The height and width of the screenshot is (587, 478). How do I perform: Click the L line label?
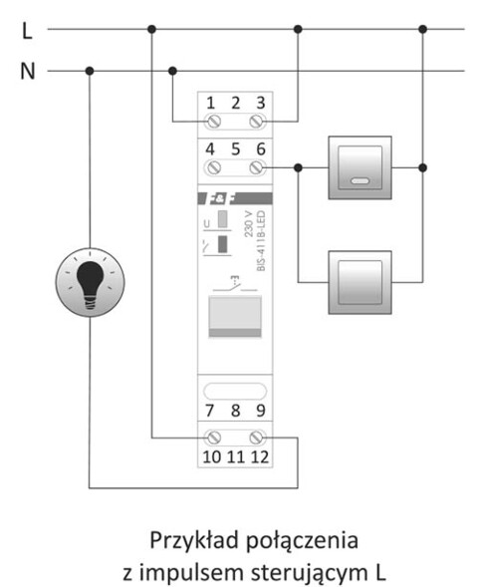click(26, 31)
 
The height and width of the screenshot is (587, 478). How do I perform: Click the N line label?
click(27, 72)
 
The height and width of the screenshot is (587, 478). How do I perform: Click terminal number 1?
click(211, 102)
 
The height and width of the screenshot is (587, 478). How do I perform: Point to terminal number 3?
click(260, 102)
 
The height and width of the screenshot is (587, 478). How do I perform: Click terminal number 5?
click(236, 149)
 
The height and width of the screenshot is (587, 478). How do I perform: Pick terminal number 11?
click(236, 457)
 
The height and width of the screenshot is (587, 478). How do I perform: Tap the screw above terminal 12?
click(260, 437)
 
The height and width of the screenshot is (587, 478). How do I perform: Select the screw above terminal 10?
click(212, 437)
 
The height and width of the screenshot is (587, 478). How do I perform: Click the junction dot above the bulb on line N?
click(90, 71)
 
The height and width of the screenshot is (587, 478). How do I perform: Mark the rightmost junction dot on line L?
click(422, 30)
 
